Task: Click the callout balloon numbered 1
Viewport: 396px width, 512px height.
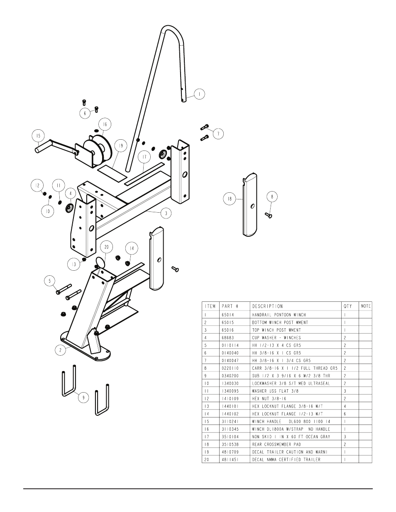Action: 199,94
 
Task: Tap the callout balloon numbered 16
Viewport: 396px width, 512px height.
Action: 105,124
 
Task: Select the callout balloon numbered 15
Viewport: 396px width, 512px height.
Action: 38,136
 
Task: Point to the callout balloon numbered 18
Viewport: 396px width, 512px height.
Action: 229,199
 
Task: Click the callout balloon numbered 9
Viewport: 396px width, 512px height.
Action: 83,398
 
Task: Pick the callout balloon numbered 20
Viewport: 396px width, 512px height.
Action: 106,247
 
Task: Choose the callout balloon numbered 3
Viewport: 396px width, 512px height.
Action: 166,214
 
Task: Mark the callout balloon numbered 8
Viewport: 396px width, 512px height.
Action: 272,197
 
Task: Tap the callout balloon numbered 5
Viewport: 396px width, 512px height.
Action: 50,281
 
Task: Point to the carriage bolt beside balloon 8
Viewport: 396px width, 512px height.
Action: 268,215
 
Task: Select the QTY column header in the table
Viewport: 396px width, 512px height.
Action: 347,306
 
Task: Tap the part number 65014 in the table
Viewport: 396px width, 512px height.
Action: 229,315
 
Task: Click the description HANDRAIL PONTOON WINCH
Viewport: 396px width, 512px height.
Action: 279,315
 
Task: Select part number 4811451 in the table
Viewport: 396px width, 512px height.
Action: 231,459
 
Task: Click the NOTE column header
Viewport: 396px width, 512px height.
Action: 366,306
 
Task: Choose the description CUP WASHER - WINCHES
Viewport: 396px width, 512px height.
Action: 276,338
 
